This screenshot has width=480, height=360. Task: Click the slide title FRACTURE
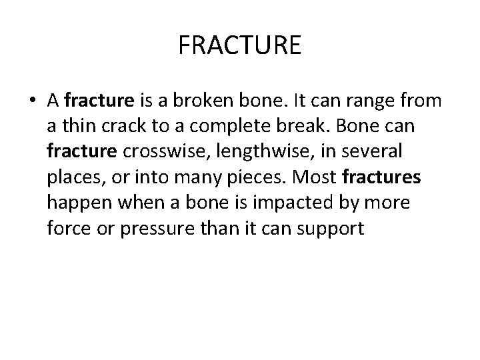(240, 45)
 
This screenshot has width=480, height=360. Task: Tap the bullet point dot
(33, 101)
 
